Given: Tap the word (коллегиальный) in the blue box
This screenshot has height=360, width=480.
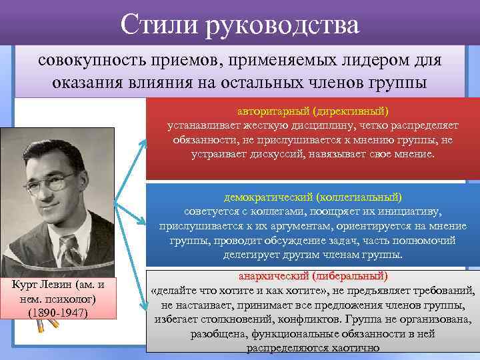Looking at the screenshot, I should point(360,197).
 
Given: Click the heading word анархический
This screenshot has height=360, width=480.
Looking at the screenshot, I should point(269,276).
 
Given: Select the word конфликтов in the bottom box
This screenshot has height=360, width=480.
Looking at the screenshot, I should point(311,319).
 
